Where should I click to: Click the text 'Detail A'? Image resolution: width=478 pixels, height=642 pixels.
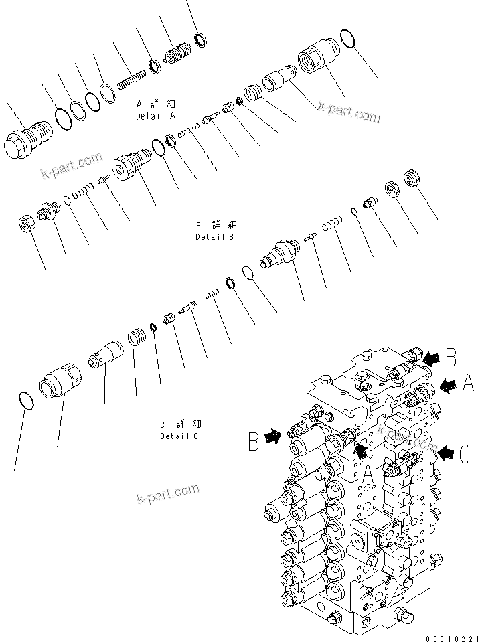pyautogui.click(x=155, y=116)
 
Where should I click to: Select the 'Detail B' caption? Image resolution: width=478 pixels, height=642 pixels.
pyautogui.click(x=216, y=237)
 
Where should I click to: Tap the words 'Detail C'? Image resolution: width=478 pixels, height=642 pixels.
pyautogui.click(x=179, y=436)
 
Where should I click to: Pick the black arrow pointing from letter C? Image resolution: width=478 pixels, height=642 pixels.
pyautogui.click(x=445, y=454)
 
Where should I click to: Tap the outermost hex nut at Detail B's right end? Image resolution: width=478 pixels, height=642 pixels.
pyautogui.click(x=410, y=179)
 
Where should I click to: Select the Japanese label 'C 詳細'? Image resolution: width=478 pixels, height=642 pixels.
pyautogui.click(x=179, y=424)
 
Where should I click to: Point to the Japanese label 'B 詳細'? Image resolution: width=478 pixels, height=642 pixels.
pyautogui.click(x=216, y=226)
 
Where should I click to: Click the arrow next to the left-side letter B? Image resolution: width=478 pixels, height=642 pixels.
pyautogui.click(x=272, y=438)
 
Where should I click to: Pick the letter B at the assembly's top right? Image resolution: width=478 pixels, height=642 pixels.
pyautogui.click(x=451, y=357)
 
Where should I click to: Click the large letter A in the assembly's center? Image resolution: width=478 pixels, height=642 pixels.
pyautogui.click(x=367, y=477)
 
